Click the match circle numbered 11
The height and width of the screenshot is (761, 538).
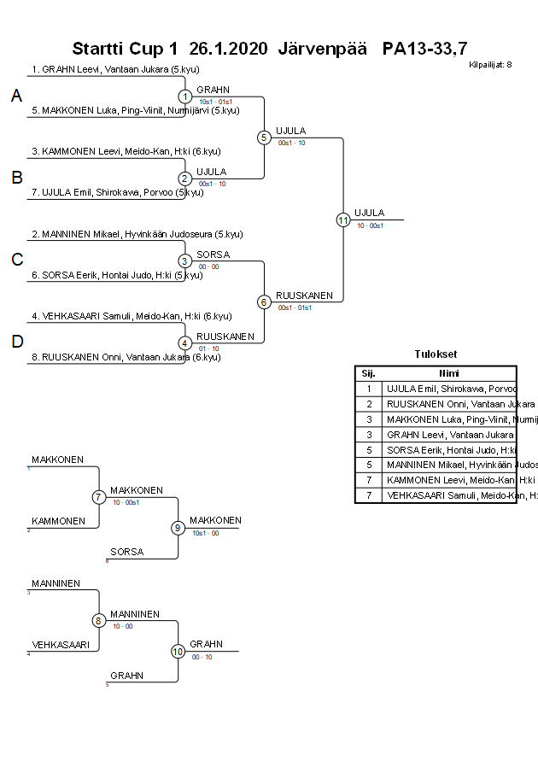click(342, 220)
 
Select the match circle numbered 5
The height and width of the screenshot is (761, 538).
click(264, 137)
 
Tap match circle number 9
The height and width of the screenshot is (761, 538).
click(178, 528)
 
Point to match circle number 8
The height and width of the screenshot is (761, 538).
click(99, 621)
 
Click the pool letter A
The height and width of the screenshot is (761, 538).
click(16, 97)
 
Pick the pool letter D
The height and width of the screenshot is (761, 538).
click(16, 342)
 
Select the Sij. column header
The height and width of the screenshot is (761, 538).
click(368, 373)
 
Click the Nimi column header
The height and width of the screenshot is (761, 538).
click(449, 373)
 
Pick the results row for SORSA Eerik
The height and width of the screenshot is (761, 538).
click(449, 449)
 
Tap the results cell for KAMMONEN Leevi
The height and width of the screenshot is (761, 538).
click(449, 480)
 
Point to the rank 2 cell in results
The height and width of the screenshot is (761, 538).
click(368, 403)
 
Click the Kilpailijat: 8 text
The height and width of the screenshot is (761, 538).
click(490, 65)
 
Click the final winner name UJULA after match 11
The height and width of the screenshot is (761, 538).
click(369, 213)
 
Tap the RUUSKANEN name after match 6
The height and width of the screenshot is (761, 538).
click(304, 295)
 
